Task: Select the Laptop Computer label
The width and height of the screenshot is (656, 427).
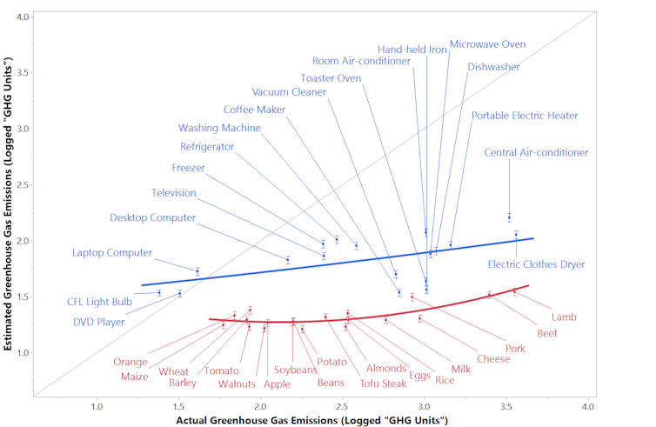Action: coord(112,253)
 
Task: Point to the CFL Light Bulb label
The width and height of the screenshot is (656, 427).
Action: coord(99,302)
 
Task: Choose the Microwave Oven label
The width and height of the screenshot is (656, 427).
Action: coord(487,44)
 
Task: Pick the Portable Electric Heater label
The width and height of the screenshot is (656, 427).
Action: coord(525,116)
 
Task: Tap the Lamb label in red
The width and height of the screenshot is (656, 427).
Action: coord(564,317)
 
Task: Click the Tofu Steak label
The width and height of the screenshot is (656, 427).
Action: coord(383,383)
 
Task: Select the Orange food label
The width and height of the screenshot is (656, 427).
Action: coord(130,362)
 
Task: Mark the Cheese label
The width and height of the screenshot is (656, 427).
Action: coord(493,358)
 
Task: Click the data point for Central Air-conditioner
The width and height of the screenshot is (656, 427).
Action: coord(509,217)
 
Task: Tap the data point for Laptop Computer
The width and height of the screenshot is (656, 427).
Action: coord(197,271)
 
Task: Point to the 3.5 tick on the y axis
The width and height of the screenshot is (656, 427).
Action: coord(33,72)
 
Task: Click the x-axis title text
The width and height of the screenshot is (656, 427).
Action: coord(311,420)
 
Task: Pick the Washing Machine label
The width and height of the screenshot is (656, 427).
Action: coord(219,128)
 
